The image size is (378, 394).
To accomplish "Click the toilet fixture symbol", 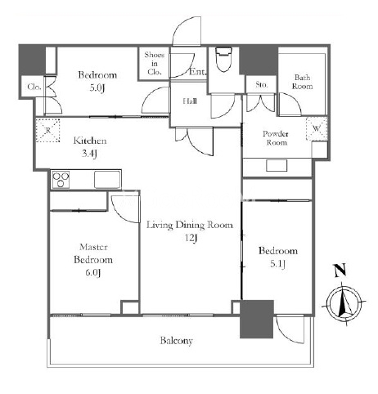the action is coord(223,60).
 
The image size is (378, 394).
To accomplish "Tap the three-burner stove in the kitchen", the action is coord(61,180).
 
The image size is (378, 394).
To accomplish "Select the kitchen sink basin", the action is coord(107,180).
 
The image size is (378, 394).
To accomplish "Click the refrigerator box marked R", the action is coord(48,130).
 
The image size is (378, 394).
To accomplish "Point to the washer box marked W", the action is coord(317,128).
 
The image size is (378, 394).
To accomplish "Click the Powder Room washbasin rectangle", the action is coord(277,165).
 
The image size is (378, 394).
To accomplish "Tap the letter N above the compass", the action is coord(340,271).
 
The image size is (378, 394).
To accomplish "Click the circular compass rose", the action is coord(344,303).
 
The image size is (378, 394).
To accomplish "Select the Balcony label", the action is coord(176,341).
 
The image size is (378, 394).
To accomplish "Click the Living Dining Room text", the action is coord(190,225).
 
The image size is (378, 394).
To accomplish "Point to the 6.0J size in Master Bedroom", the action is coord(93,273).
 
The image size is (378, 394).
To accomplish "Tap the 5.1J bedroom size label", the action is coord(277,264).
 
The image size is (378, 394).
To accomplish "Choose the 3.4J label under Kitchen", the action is coord(89,154).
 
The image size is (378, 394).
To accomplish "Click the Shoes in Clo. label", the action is coord(155,64).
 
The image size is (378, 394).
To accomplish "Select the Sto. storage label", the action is coord(262,84).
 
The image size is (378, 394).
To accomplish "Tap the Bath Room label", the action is coord(302,82).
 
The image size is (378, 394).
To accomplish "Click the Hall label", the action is coord(190,101).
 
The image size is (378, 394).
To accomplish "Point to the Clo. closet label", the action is coord(34,87).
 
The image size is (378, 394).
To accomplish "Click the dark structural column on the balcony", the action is coord(257,319).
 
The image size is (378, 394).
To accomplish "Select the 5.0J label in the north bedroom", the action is coord(97,88).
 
